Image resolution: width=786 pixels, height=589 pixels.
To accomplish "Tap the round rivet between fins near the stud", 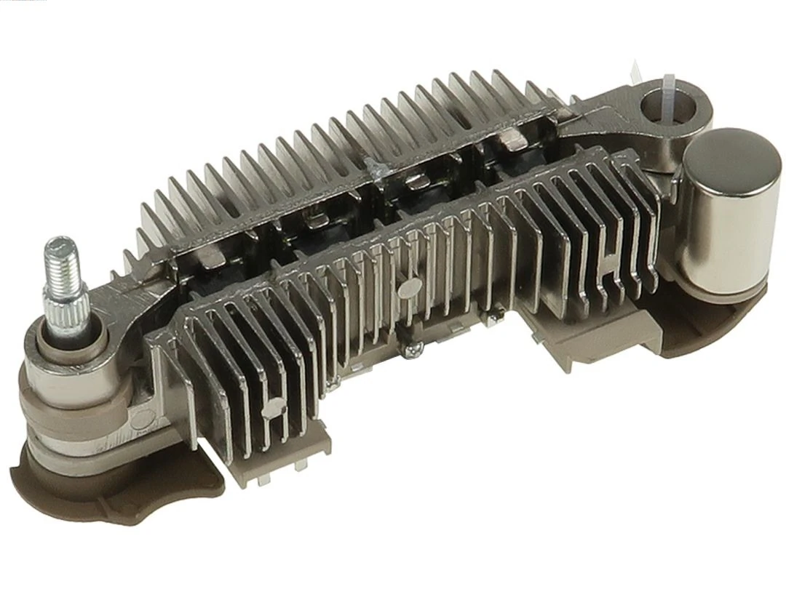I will (x=274, y=409).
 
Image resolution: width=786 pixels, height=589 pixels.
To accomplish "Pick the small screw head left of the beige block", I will (x=499, y=315).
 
